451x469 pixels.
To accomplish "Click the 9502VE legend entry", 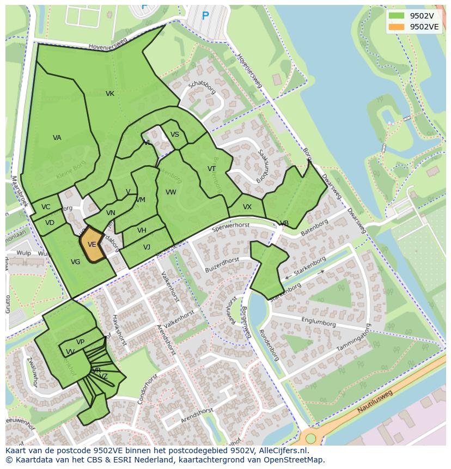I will click(x=424, y=27).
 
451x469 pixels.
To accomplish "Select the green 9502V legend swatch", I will click(x=397, y=16).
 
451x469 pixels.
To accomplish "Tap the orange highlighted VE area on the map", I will click(x=92, y=246).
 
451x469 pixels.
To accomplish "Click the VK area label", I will click(x=110, y=94).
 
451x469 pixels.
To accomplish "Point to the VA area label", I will click(x=57, y=138).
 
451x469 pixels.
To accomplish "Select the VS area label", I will click(x=175, y=135).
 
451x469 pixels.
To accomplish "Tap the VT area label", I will click(x=212, y=169).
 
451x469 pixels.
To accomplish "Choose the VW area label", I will click(x=171, y=192).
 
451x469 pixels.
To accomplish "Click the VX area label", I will click(x=247, y=207).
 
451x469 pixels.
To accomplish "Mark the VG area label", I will click(x=76, y=262).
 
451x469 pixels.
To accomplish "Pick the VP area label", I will click(x=81, y=342).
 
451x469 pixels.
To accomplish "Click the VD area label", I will click(x=50, y=223).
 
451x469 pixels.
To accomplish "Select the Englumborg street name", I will click(x=319, y=324).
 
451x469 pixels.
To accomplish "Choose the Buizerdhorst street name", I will click(x=222, y=265).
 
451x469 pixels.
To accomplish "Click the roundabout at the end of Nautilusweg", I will click(x=310, y=438).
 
